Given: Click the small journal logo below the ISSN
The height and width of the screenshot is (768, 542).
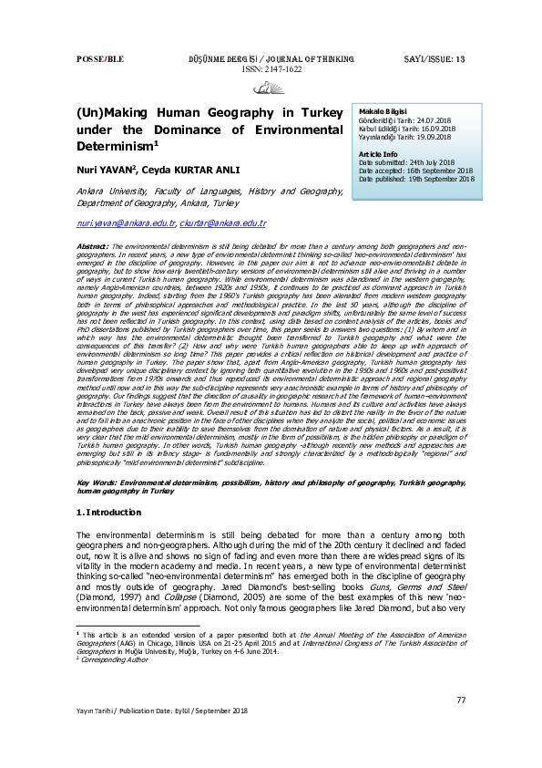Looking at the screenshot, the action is (270, 87).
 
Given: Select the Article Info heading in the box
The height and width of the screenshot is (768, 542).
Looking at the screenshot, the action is (378, 155).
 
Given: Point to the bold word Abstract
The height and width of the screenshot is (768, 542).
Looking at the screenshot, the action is (93, 246).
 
